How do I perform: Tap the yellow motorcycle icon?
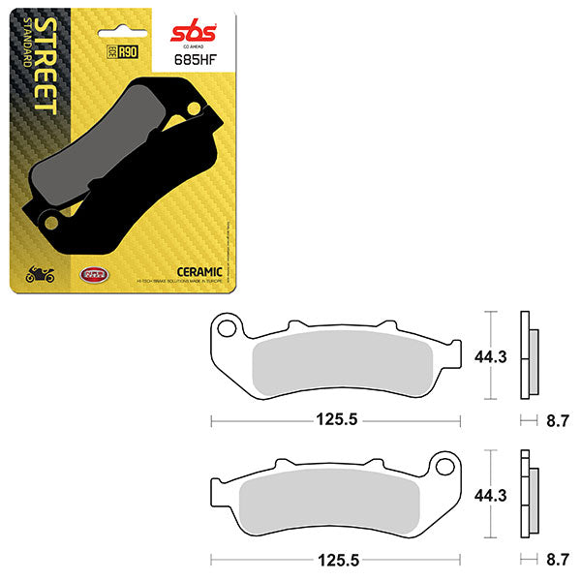coord(41,277)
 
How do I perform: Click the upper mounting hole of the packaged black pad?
coord(192,107)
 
